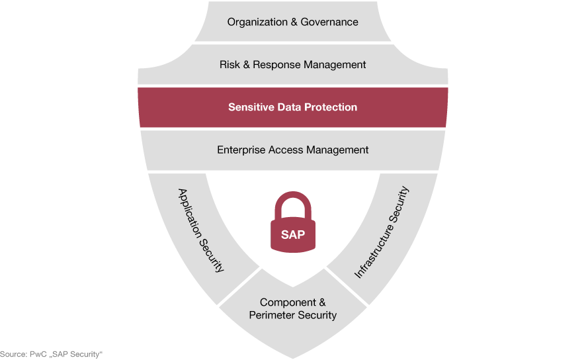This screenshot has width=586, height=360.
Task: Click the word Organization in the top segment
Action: click(257, 22)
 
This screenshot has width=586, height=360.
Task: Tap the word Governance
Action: click(329, 22)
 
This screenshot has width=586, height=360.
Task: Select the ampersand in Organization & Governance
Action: click(294, 22)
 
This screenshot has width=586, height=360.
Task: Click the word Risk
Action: click(230, 65)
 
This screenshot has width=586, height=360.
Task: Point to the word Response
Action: click(276, 65)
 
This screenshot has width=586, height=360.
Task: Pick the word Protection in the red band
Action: click(331, 107)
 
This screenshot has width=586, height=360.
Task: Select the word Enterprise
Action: click(241, 150)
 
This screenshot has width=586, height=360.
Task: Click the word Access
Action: click(286, 150)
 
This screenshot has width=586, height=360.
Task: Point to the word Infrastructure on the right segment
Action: click(373, 251)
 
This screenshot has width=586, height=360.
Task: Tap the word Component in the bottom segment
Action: click(288, 302)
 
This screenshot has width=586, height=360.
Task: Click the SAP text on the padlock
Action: click(293, 235)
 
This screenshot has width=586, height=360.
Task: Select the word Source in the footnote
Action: click(13, 355)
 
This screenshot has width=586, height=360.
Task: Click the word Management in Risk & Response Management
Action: click(335, 65)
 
